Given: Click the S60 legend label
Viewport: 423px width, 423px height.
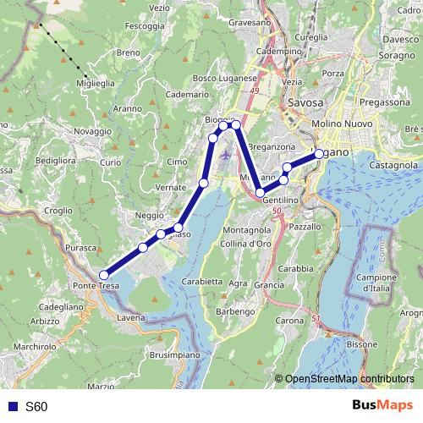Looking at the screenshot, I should tap(36, 407).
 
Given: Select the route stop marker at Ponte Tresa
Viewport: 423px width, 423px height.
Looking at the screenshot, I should tap(104, 275).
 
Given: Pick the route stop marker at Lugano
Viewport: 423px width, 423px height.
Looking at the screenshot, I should tap(319, 154).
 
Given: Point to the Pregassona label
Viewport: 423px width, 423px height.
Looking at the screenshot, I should tap(382, 101).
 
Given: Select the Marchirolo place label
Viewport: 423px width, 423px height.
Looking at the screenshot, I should tap(35, 347).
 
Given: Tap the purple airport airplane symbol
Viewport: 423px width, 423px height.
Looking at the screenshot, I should tap(224, 155).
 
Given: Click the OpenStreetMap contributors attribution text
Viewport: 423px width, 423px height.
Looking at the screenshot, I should tap(349, 380).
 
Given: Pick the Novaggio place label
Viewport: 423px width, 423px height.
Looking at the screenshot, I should tap(92, 132).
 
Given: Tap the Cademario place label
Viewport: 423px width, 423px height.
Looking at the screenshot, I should tap(186, 96).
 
